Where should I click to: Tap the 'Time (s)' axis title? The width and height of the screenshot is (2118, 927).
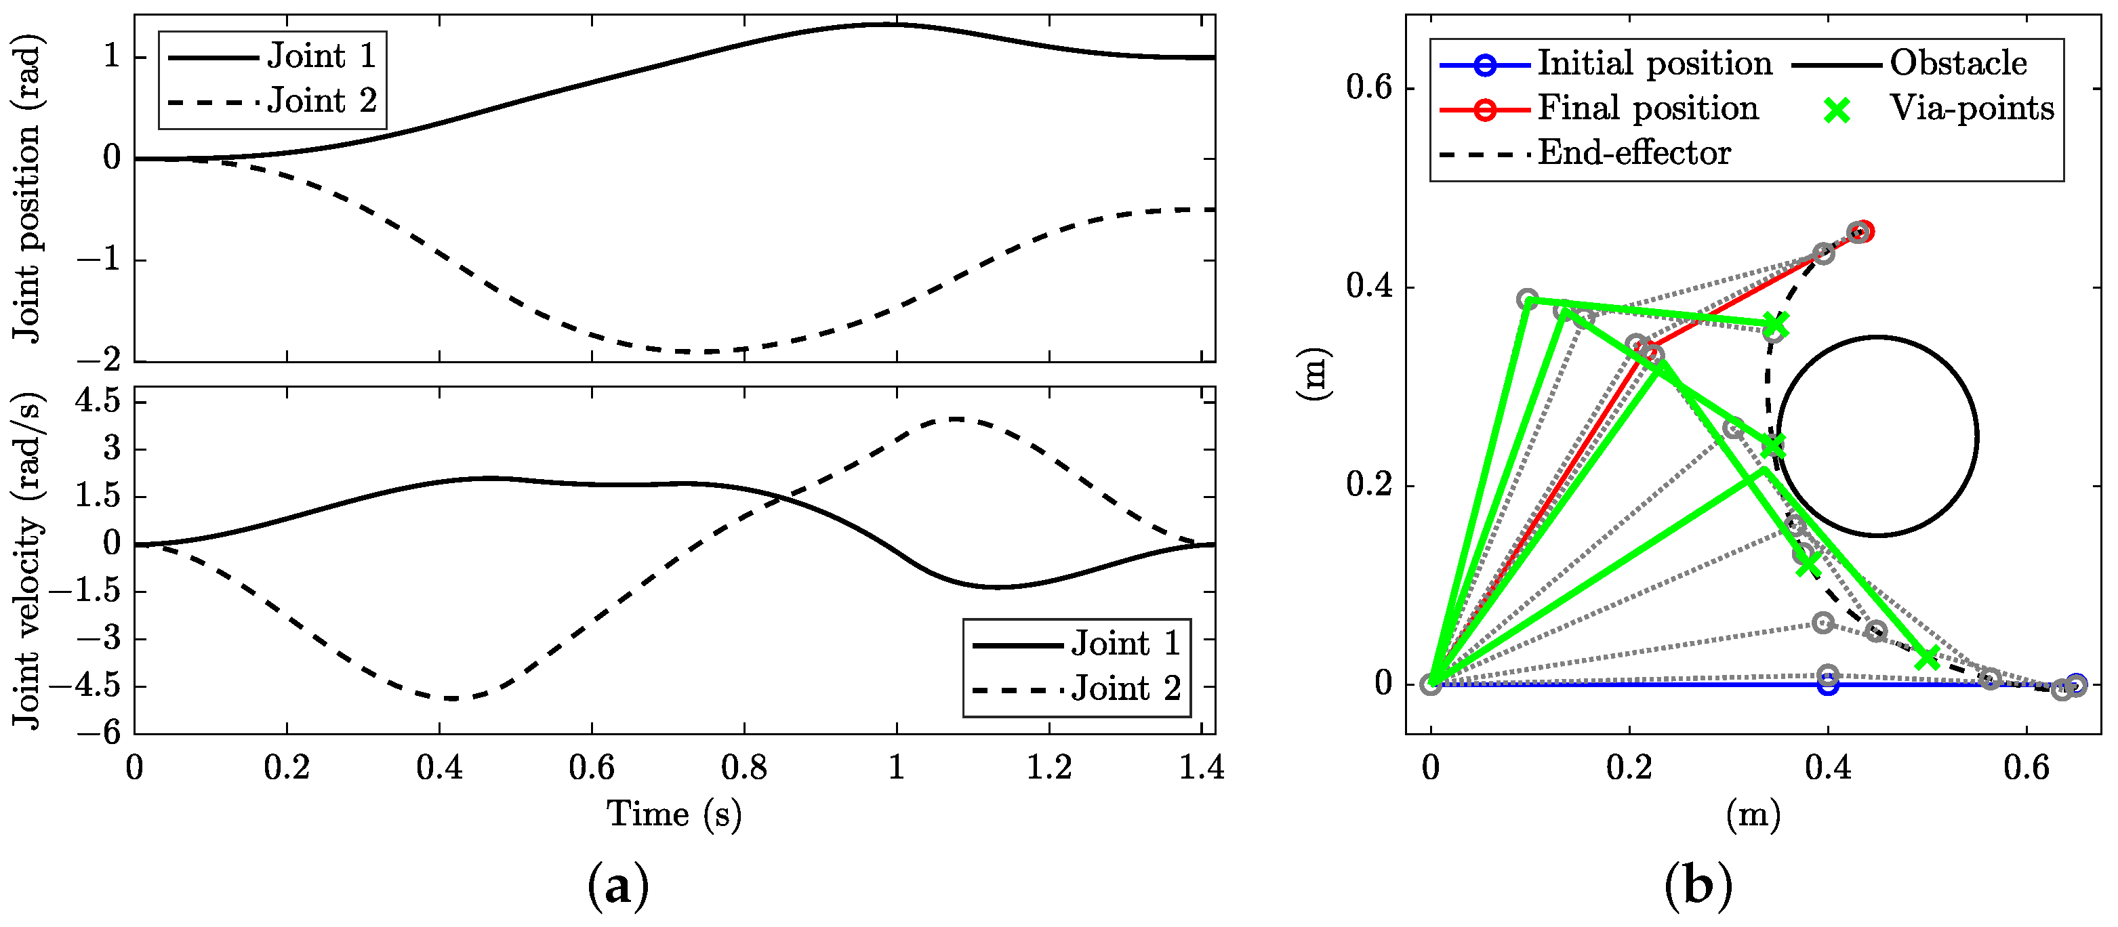click(x=674, y=815)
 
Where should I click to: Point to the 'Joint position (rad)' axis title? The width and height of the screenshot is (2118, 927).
click(x=26, y=189)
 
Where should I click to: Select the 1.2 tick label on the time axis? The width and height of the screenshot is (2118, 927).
click(x=1049, y=768)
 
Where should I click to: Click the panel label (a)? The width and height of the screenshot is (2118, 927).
click(x=618, y=887)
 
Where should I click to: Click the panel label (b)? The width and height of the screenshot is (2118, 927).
click(x=1698, y=887)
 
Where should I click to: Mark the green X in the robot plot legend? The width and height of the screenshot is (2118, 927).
click(x=1836, y=109)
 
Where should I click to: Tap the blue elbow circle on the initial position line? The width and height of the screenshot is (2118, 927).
click(x=1827, y=684)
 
